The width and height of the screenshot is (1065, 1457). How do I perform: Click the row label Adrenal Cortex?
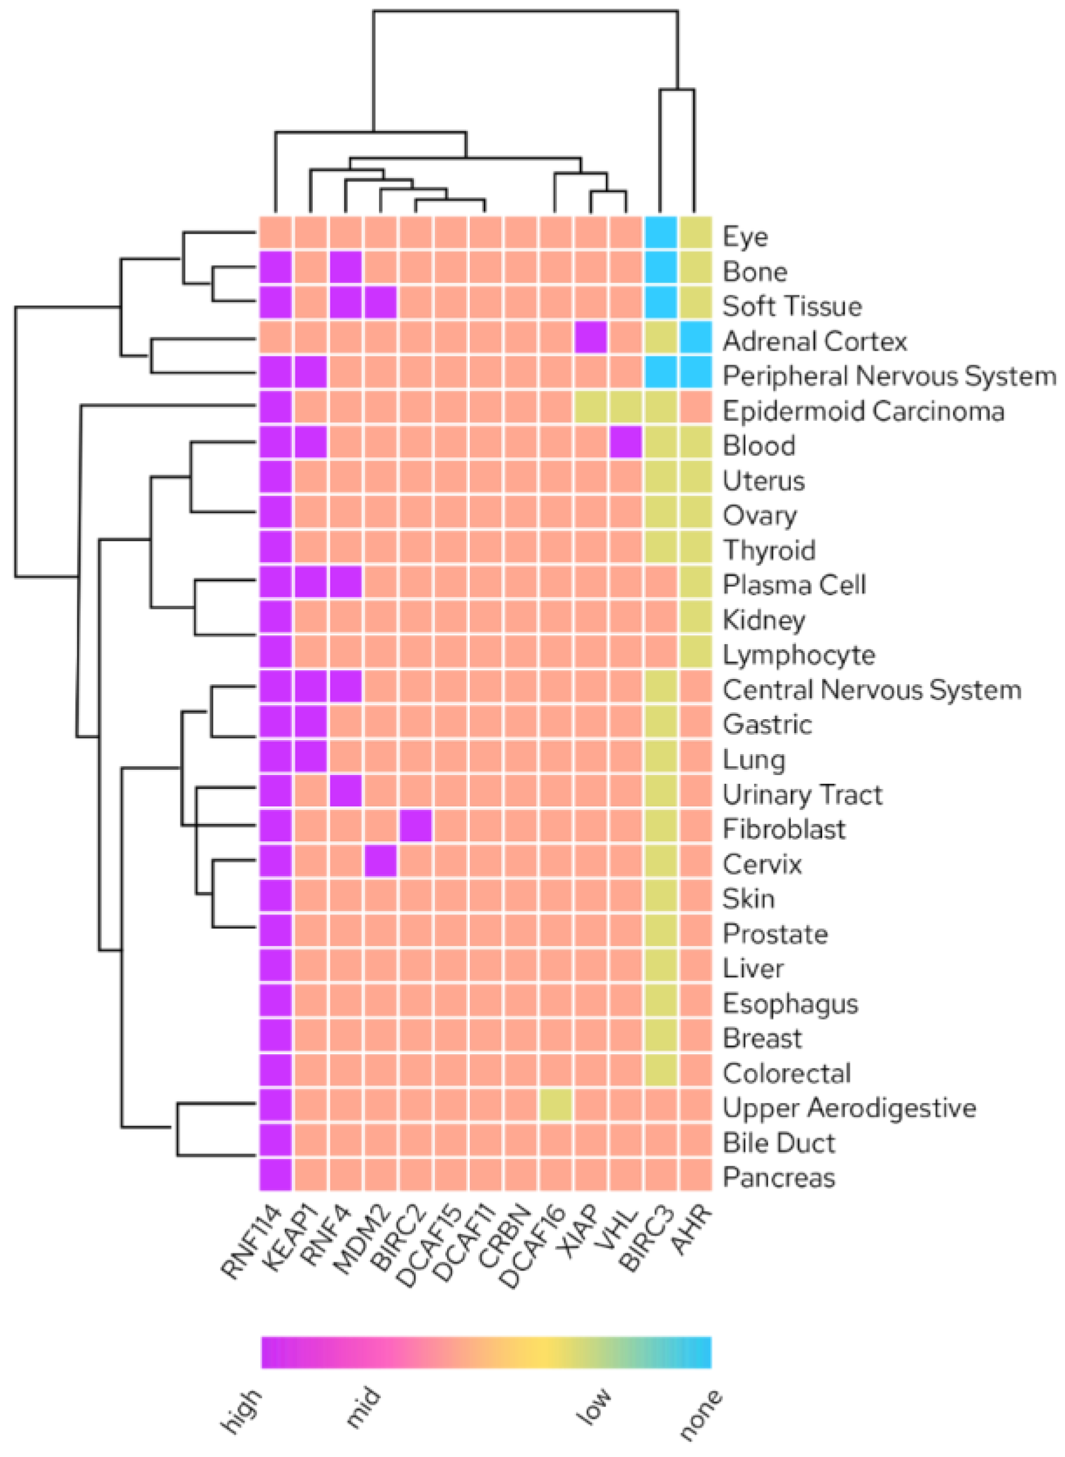pyautogui.click(x=814, y=341)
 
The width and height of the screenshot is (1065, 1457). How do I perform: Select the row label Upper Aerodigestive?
pyautogui.click(x=849, y=1108)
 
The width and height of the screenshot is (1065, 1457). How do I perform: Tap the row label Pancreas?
pyautogui.click(x=779, y=1177)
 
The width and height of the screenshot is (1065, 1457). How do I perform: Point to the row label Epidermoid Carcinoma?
pyautogui.click(x=863, y=410)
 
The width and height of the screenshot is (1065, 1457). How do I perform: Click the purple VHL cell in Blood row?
pyautogui.click(x=626, y=443)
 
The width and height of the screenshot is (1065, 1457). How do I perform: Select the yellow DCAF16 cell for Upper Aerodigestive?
pyautogui.click(x=556, y=1105)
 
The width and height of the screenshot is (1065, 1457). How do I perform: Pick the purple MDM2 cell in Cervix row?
pyautogui.click(x=381, y=860)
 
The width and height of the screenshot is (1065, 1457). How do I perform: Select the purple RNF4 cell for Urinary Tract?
pyautogui.click(x=345, y=791)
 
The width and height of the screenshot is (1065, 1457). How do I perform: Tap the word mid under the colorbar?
pyautogui.click(x=365, y=1409)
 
